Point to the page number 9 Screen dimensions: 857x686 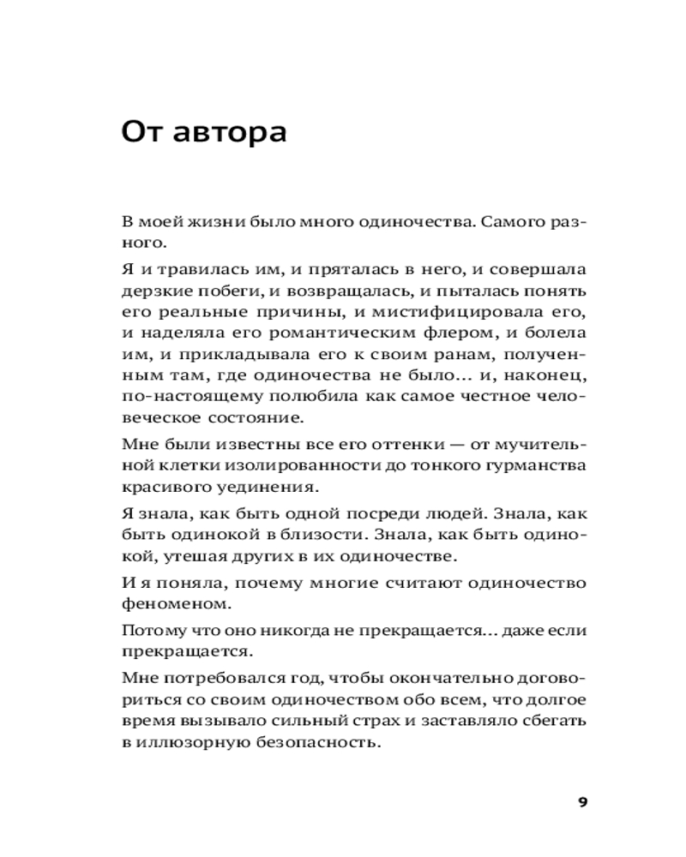[x=582, y=801]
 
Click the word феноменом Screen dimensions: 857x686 [x=166, y=604]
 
